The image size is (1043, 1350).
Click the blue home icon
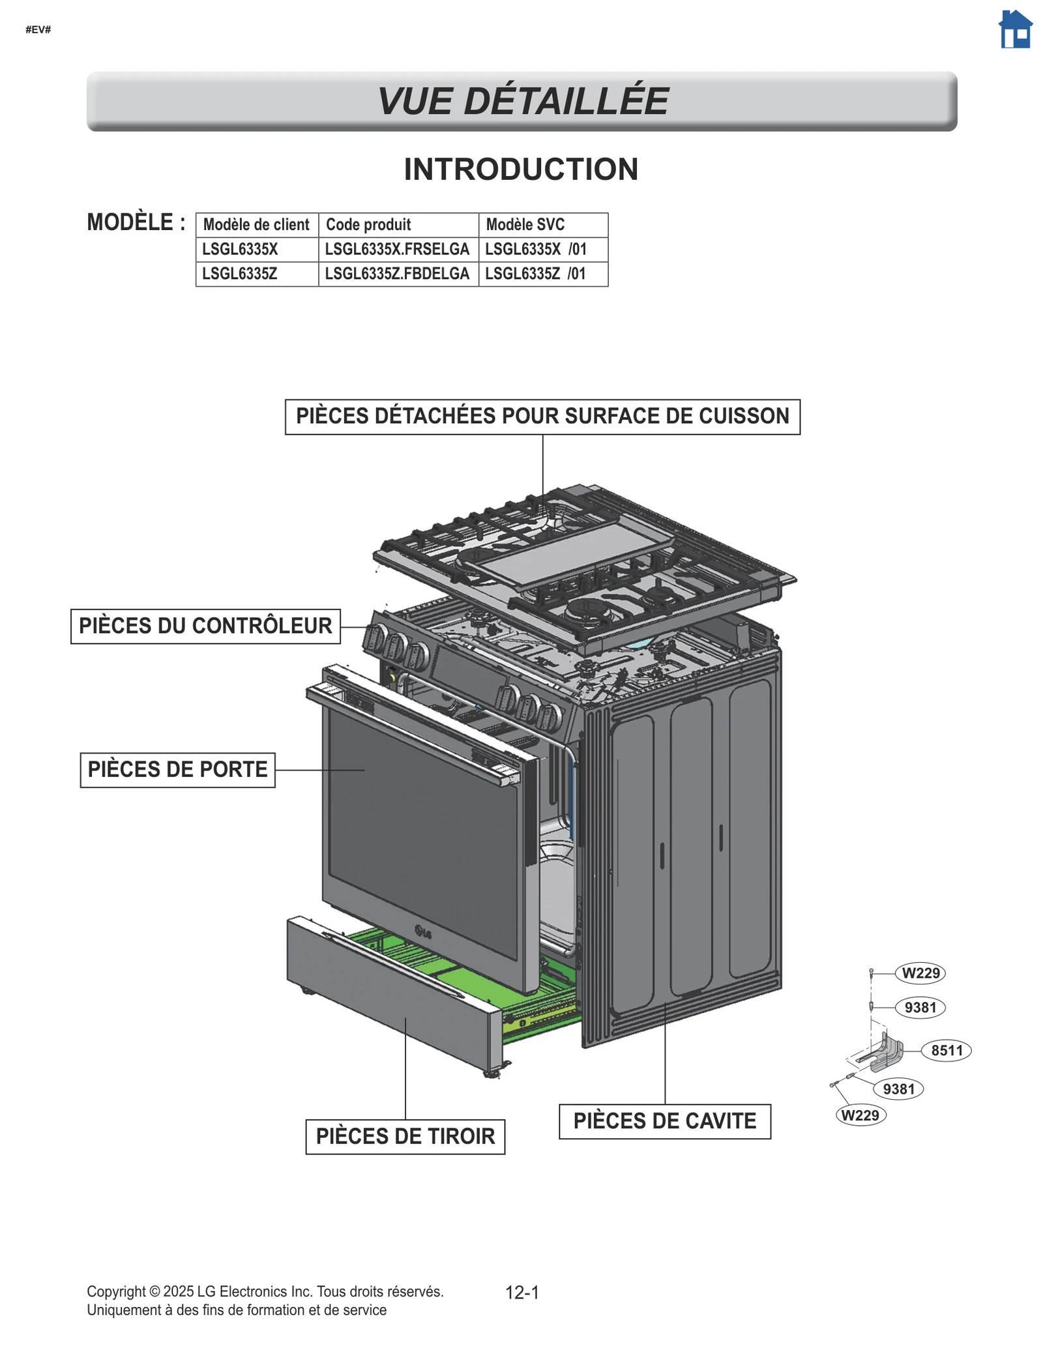click(1015, 30)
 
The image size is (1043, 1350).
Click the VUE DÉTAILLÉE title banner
click(521, 101)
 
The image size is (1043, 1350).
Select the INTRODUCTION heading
click(521, 169)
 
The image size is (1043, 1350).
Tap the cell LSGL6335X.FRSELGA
click(397, 249)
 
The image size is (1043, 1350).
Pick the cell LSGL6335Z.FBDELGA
click(397, 274)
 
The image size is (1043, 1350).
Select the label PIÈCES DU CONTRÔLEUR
click(205, 626)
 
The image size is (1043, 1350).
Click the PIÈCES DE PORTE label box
click(177, 769)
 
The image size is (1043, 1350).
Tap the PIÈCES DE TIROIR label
click(405, 1136)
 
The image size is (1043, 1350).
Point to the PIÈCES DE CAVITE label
click(664, 1121)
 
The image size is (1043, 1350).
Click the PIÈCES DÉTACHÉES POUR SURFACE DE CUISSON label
click(542, 417)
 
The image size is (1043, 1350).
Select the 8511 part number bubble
click(946, 1050)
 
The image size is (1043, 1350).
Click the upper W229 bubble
click(920, 973)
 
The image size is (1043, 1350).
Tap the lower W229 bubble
click(860, 1115)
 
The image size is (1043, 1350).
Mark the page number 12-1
click(522, 1293)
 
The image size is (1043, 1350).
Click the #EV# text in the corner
click(38, 30)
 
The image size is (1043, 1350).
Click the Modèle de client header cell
click(256, 225)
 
